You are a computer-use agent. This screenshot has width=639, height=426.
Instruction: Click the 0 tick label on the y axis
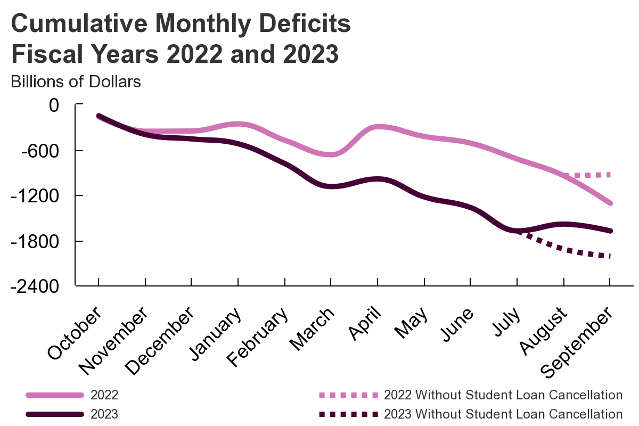pos(53,105)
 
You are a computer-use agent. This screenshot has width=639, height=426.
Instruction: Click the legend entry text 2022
pos(104,395)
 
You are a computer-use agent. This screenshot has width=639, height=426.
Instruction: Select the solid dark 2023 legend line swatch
pos(55,414)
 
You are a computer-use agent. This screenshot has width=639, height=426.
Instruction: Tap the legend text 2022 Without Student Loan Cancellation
pos(503,395)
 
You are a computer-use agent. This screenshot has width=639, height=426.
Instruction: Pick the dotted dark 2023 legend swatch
pos(348,414)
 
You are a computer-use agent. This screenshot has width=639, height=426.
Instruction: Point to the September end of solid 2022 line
pos(610,203)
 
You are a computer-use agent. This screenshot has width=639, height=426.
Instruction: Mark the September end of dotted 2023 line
pos(610,257)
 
